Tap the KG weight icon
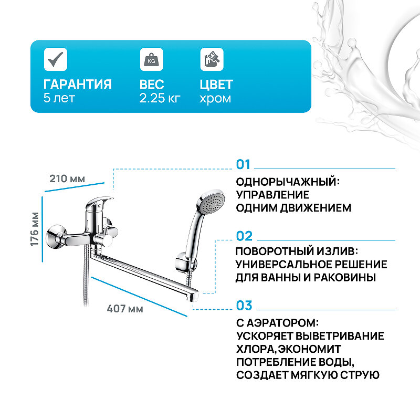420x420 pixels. point(150,59)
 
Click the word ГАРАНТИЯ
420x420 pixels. point(78,85)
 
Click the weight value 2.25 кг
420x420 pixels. point(160,98)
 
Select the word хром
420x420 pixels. point(215,98)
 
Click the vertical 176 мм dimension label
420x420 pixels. point(35,229)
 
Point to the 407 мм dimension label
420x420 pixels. point(125,309)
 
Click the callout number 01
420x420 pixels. point(244,165)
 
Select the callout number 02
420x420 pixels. point(244,236)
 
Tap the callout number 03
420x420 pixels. point(244,306)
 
